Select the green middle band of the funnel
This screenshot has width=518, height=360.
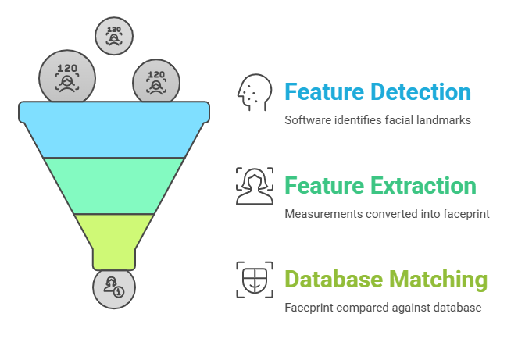[x=114, y=185]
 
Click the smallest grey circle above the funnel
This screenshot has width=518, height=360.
[x=114, y=35]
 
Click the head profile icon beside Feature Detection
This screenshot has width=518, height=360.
[x=254, y=93]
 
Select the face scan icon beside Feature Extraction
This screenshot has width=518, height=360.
[x=254, y=186]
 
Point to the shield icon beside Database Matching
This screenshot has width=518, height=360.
[x=254, y=280]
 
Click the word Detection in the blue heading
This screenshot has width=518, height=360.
[x=420, y=92]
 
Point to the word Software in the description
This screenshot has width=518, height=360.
[x=307, y=120]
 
